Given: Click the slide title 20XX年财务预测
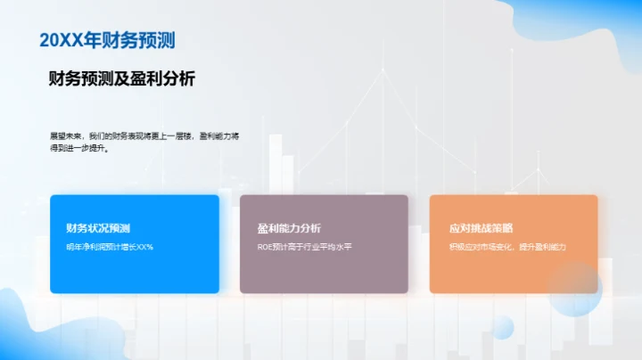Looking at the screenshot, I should tap(107, 40).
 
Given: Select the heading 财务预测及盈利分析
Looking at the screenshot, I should tap(122, 79).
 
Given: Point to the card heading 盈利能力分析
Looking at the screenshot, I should tap(289, 228).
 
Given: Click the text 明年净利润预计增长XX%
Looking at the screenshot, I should tap(110, 247).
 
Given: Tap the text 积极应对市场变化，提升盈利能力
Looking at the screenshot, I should tap(508, 247).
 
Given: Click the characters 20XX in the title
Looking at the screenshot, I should tap(61, 40).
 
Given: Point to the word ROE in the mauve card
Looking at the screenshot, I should tap(266, 247).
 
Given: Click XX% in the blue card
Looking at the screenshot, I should tap(144, 247).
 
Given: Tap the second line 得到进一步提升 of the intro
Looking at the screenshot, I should tap(80, 149).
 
